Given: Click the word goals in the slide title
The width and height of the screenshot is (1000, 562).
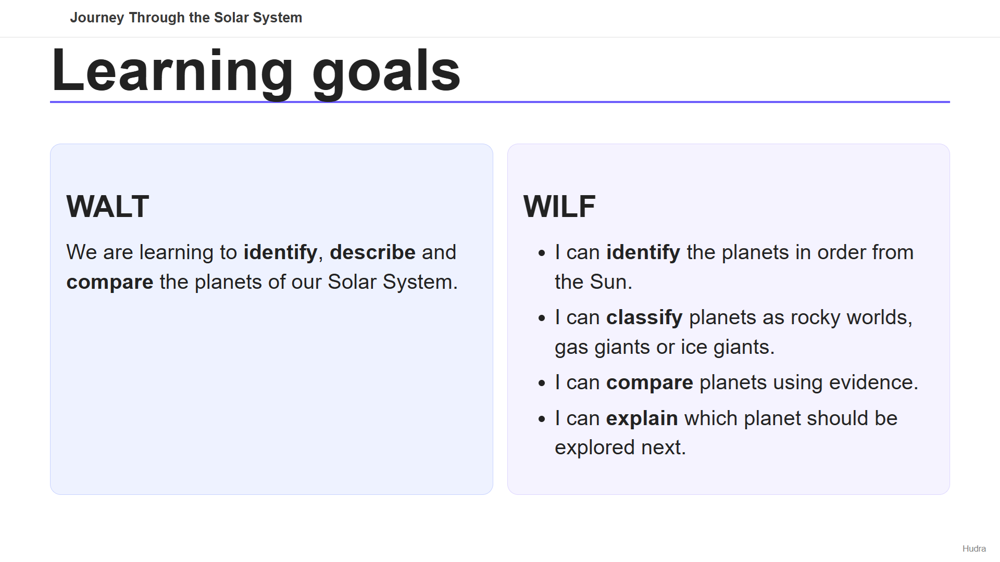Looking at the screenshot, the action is [386, 72].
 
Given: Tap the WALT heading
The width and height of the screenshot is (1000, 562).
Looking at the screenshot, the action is [108, 207].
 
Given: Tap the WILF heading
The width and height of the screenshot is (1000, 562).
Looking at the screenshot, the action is [559, 207].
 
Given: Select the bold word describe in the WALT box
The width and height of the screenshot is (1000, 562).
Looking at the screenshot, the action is [373, 252].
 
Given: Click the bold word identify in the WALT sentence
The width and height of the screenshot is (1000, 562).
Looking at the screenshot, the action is [280, 253].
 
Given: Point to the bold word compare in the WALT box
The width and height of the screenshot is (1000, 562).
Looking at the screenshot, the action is [110, 283].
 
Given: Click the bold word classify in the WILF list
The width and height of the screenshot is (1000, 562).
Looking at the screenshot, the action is [644, 318].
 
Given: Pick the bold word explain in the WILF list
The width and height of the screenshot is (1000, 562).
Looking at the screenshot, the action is [642, 419].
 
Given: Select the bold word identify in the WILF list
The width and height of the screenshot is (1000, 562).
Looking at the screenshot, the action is [643, 253].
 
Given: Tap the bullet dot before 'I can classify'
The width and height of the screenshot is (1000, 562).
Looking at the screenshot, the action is [542, 318].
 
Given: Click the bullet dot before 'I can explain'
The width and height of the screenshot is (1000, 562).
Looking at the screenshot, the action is [542, 419].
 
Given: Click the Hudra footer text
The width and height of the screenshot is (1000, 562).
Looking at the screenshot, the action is [974, 548].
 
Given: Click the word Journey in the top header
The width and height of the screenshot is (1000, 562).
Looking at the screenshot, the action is [97, 18].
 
